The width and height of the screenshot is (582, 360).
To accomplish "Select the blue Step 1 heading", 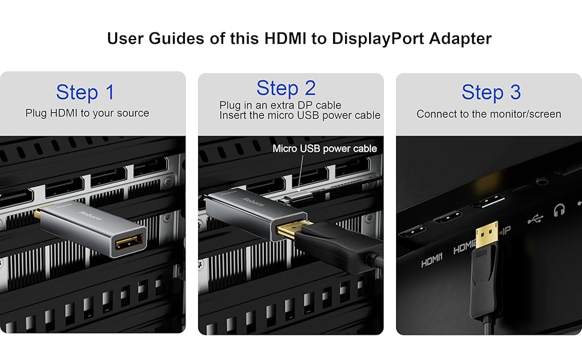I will (x=85, y=92).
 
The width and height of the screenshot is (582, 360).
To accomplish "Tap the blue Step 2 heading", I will (x=286, y=88).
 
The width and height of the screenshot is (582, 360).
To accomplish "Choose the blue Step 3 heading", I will (x=491, y=92).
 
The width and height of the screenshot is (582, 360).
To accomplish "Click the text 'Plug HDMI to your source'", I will (x=87, y=113).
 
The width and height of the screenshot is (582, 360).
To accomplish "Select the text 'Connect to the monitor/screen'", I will (x=488, y=114).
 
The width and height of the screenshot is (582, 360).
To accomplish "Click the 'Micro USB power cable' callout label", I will (x=325, y=148).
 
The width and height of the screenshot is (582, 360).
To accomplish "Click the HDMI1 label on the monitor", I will (x=431, y=262).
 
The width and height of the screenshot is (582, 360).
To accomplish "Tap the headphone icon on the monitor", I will (x=560, y=211).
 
